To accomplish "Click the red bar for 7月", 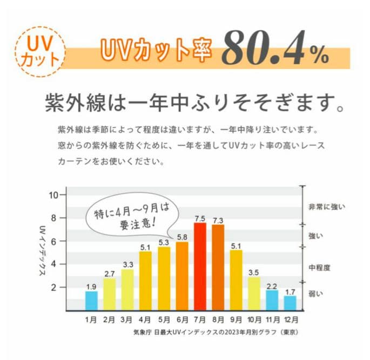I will click(x=199, y=267).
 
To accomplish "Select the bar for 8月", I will click(x=218, y=268).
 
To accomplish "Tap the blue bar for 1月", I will click(x=91, y=301).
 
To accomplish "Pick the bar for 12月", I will click(x=290, y=303).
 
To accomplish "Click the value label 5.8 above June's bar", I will click(x=181, y=237).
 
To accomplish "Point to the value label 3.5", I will click(x=254, y=273).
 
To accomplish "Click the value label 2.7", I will click(x=109, y=274).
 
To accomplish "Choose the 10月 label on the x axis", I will click(x=254, y=320).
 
